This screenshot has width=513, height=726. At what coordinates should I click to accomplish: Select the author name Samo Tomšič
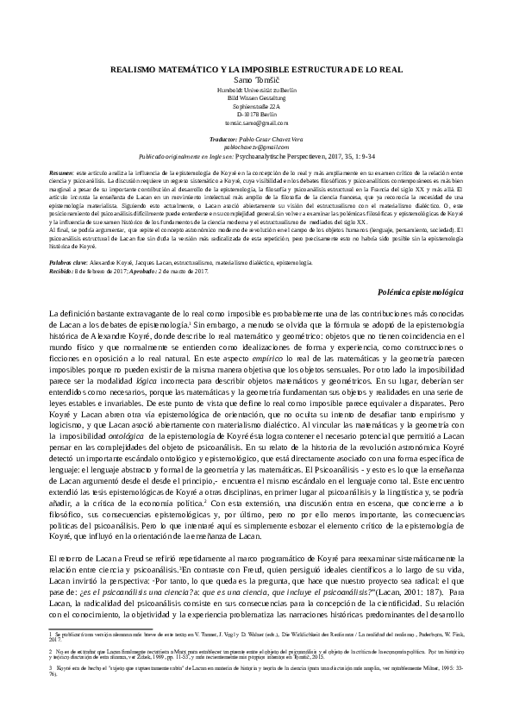point(257,78)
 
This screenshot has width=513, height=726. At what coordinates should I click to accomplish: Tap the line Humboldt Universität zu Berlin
point(257,89)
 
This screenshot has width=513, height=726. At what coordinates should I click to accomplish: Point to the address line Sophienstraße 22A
point(257,105)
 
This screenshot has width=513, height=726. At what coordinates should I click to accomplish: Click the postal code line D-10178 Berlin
point(257,113)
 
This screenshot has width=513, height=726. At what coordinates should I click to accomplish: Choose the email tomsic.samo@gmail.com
point(257,122)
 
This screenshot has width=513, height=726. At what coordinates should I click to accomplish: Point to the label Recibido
point(63,267)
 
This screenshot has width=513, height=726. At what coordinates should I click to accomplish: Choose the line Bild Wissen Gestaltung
point(257,97)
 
